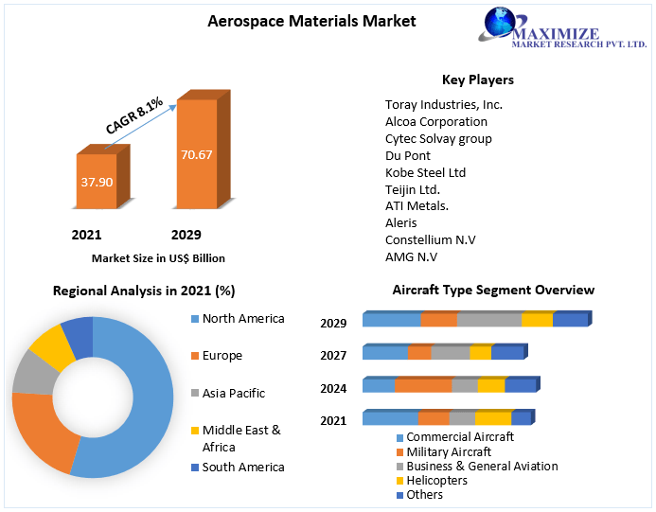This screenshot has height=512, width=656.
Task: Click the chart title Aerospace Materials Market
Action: pos(298,20)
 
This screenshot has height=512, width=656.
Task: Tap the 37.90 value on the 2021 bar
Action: pos(95,181)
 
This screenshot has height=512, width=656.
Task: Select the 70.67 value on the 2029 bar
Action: pos(197,154)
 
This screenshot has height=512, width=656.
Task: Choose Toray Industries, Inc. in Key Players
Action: pos(443,104)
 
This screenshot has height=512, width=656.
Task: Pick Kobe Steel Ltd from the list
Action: pos(425,172)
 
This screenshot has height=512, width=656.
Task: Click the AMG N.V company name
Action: pos(411,256)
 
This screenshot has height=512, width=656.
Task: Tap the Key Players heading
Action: pos(478,79)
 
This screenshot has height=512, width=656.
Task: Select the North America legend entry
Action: pos(242,319)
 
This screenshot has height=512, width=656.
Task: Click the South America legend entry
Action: pos(242,467)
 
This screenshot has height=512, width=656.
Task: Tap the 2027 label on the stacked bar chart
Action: pos(333,355)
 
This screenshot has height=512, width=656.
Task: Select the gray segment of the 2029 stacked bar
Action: pos(488,320)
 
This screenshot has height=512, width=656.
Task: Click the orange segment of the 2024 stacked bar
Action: pos(423,385)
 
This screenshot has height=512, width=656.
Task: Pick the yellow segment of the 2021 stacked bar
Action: pos(492,418)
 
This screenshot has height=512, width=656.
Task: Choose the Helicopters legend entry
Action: pos(436,481)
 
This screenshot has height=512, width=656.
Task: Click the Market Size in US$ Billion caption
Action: pos(158,257)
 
